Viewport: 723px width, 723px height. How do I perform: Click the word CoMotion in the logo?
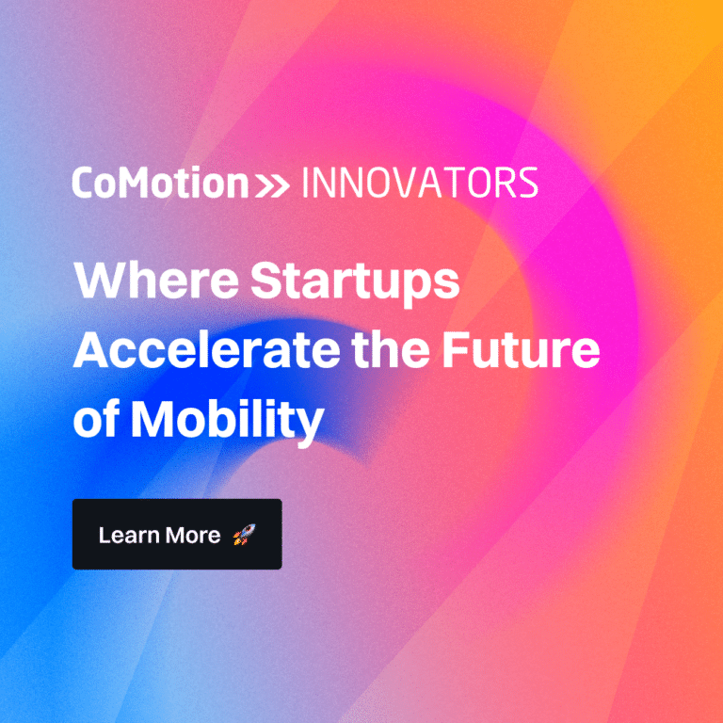(159, 183)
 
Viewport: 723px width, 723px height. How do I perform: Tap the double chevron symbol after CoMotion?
(272, 185)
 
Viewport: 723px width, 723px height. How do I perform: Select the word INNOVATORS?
(419, 183)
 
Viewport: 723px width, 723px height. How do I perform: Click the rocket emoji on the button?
(243, 536)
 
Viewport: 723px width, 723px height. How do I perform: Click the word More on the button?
(193, 536)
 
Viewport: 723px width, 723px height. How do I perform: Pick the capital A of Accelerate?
(93, 350)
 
